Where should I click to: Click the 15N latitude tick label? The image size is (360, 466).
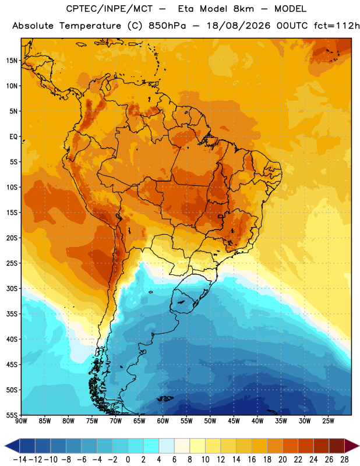pyautogui.click(x=12, y=61)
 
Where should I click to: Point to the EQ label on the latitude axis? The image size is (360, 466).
pyautogui.click(x=13, y=137)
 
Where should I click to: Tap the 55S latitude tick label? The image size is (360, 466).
pyautogui.click(x=12, y=415)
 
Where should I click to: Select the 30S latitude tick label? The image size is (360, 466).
pyautogui.click(x=12, y=288)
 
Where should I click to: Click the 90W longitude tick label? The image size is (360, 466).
pyautogui.click(x=21, y=421)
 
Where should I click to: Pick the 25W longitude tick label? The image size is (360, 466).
pyautogui.click(x=328, y=421)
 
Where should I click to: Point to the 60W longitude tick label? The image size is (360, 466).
pyautogui.click(x=163, y=421)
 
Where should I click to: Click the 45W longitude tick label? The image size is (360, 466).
pyautogui.click(x=234, y=421)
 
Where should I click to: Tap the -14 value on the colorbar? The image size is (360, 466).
pyautogui.click(x=20, y=460)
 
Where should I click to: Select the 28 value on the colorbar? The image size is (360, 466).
pyautogui.click(x=344, y=460)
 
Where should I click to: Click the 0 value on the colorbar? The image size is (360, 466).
pyautogui.click(x=128, y=460)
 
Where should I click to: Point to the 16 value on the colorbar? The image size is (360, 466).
pyautogui.click(x=252, y=460)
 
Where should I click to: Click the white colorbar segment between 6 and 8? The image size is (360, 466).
pyautogui.click(x=182, y=446)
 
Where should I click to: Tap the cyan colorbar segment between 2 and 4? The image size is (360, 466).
pyautogui.click(x=151, y=446)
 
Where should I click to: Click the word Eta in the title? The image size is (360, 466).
pyautogui.click(x=186, y=9)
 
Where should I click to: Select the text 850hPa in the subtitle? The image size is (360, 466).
pyautogui.click(x=167, y=26)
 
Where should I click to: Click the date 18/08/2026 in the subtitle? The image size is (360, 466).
pyautogui.click(x=238, y=26)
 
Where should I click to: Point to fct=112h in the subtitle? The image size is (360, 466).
pyautogui.click(x=337, y=26)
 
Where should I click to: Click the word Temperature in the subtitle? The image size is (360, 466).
pyautogui.click(x=90, y=26)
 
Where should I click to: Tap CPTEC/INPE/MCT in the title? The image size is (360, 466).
pyautogui.click(x=110, y=9)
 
